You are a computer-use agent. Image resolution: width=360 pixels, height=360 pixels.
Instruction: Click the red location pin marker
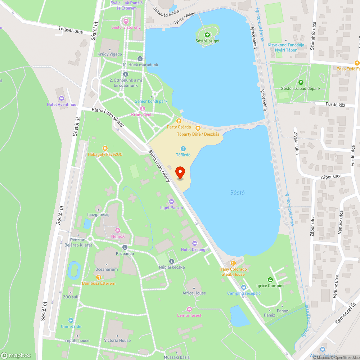tap(180, 173)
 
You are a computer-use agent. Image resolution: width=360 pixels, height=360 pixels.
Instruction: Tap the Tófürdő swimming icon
tap(183, 149)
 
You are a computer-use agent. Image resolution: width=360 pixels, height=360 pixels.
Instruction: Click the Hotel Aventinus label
tap(62, 104)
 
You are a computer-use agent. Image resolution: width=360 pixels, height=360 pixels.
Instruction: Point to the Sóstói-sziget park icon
tap(207, 35)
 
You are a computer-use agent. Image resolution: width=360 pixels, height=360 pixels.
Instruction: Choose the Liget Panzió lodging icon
tap(171, 202)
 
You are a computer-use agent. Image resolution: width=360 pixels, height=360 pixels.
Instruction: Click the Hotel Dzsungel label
tap(195, 249)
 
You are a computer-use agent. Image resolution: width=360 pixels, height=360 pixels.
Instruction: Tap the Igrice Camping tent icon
tap(270, 280)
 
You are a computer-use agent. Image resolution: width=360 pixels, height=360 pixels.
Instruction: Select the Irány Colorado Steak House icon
tap(233, 263)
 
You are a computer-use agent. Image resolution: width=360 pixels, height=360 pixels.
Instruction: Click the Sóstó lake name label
tap(237, 193)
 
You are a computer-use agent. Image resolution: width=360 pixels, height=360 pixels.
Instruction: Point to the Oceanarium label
tap(107, 269)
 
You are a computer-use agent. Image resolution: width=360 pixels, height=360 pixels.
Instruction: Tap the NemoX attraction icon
tap(118, 230)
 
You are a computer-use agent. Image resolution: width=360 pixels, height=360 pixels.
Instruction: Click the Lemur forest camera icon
tap(189, 309)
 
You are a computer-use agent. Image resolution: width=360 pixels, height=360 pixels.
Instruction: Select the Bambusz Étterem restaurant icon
tap(99, 277)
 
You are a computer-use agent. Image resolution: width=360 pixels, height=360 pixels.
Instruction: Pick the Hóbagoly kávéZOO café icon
tap(105, 148)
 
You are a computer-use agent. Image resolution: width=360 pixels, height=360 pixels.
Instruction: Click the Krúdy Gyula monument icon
tap(142, 109)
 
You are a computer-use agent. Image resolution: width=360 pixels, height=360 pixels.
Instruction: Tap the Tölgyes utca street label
tap(71, 30)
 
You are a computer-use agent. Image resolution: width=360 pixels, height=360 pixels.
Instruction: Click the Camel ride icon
tap(71, 320)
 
